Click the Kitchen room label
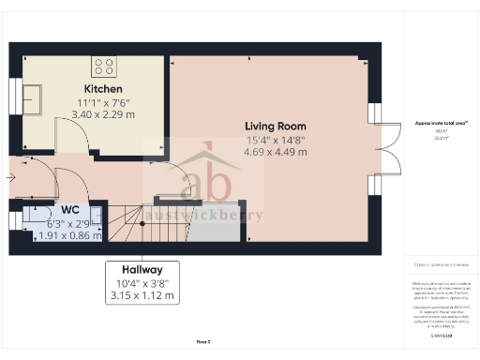[x=101, y=89]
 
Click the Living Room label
[x=276, y=126]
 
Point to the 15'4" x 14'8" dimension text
[x=276, y=139]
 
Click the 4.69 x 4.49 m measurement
[x=276, y=152]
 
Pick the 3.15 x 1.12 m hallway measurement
[x=142, y=296]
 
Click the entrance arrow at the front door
[x=11, y=176]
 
